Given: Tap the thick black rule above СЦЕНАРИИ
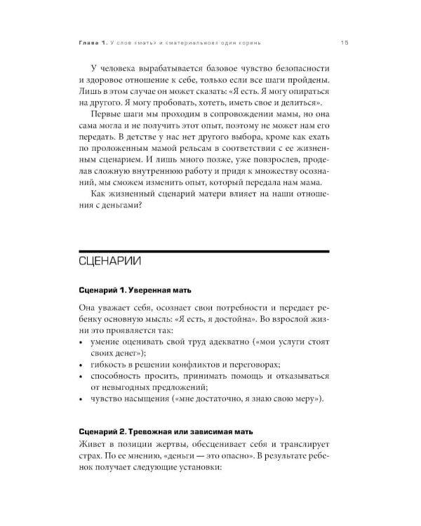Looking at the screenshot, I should tap(203, 250).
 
